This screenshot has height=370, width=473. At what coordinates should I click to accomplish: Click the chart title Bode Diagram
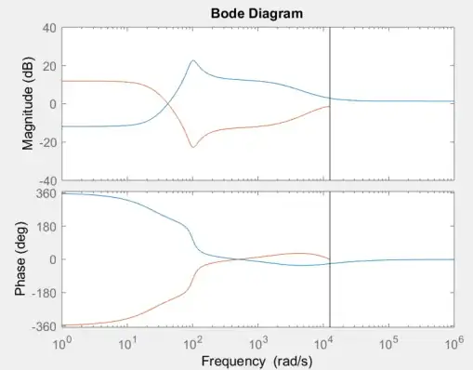pyautogui.click(x=257, y=12)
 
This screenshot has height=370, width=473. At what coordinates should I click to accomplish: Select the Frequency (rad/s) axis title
pyautogui.click(x=257, y=359)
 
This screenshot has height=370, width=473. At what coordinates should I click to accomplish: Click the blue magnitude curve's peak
pyautogui.click(x=192, y=61)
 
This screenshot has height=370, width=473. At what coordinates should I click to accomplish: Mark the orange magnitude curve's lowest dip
pyautogui.click(x=192, y=147)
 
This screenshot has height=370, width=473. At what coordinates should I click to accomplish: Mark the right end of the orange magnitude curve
pyautogui.click(x=329, y=107)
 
